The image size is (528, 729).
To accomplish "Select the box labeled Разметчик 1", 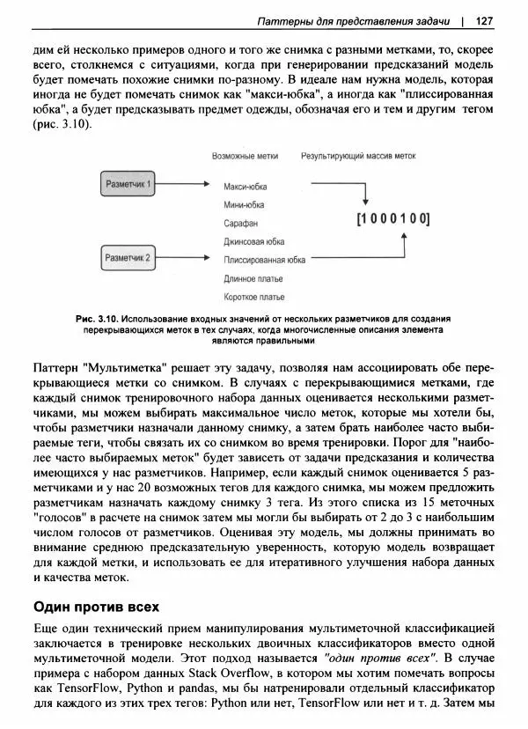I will tap(128, 185).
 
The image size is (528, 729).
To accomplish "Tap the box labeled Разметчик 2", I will tap(128, 258).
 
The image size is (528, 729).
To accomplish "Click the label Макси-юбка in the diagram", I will tap(246, 187).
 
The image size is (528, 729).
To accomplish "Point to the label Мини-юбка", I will tap(244, 205).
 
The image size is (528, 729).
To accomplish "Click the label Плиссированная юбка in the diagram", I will tap(265, 260).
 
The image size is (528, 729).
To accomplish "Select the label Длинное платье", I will tap(254, 278).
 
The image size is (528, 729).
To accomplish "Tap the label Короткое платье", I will tap(254, 297).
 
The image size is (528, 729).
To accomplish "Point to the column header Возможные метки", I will tap(245, 156).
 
